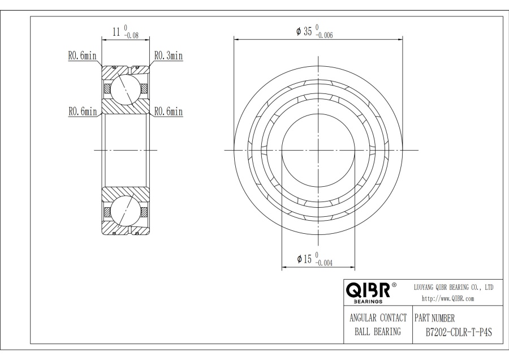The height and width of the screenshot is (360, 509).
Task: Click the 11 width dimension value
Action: pyautogui.click(x=117, y=32)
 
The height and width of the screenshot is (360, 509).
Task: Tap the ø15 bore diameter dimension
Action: pyautogui.click(x=304, y=259)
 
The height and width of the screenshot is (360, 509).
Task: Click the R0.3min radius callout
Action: pyautogui.click(x=169, y=55)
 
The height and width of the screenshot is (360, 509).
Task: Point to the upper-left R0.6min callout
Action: pyautogui.click(x=82, y=55)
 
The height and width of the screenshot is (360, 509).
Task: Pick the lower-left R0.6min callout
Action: pyautogui.click(x=82, y=112)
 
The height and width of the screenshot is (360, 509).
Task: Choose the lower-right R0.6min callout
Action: pyautogui.click(x=169, y=112)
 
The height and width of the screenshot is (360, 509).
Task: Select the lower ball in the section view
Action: pyautogui.click(x=126, y=211)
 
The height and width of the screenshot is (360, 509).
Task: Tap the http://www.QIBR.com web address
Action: pyautogui.click(x=448, y=298)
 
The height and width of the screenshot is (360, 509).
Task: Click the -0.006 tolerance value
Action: pyautogui.click(x=325, y=35)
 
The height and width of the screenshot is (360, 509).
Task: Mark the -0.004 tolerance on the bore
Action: pyautogui.click(x=325, y=263)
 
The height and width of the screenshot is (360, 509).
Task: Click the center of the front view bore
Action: pyautogui.click(x=318, y=150)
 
